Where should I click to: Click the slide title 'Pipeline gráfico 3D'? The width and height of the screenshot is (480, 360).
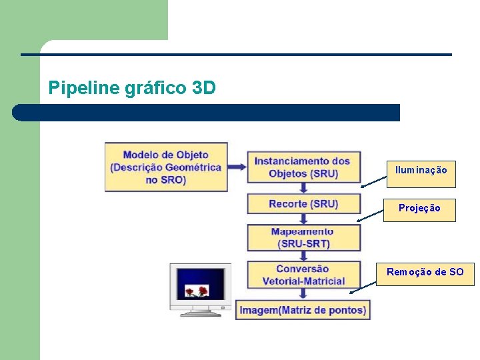coord(132,87)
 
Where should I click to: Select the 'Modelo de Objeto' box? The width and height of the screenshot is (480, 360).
coord(166,167)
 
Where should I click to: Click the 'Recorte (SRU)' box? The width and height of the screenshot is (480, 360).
coord(303,204)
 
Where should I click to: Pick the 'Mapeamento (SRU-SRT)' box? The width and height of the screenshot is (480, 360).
coord(303,237)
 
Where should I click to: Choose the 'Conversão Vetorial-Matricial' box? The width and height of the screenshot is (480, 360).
coord(303,275)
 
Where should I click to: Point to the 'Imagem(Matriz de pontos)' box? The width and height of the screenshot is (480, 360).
coord(303,310)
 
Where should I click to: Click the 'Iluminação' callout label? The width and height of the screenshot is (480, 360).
coord(421,170)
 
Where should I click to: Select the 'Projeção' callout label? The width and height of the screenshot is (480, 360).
coord(419,208)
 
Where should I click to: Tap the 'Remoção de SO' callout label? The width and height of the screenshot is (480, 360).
coord(425,272)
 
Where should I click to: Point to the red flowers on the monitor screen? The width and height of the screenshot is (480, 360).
coord(197,291)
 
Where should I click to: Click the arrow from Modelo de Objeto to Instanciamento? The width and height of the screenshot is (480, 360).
coord(237,167)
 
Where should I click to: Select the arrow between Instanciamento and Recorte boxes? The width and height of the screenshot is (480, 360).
coord(304,188)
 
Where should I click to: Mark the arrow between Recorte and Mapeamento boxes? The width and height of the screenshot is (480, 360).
coord(304,219)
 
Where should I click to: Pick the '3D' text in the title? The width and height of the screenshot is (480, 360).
coord(203,87)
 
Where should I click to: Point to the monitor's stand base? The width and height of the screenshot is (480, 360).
coord(201,312)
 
